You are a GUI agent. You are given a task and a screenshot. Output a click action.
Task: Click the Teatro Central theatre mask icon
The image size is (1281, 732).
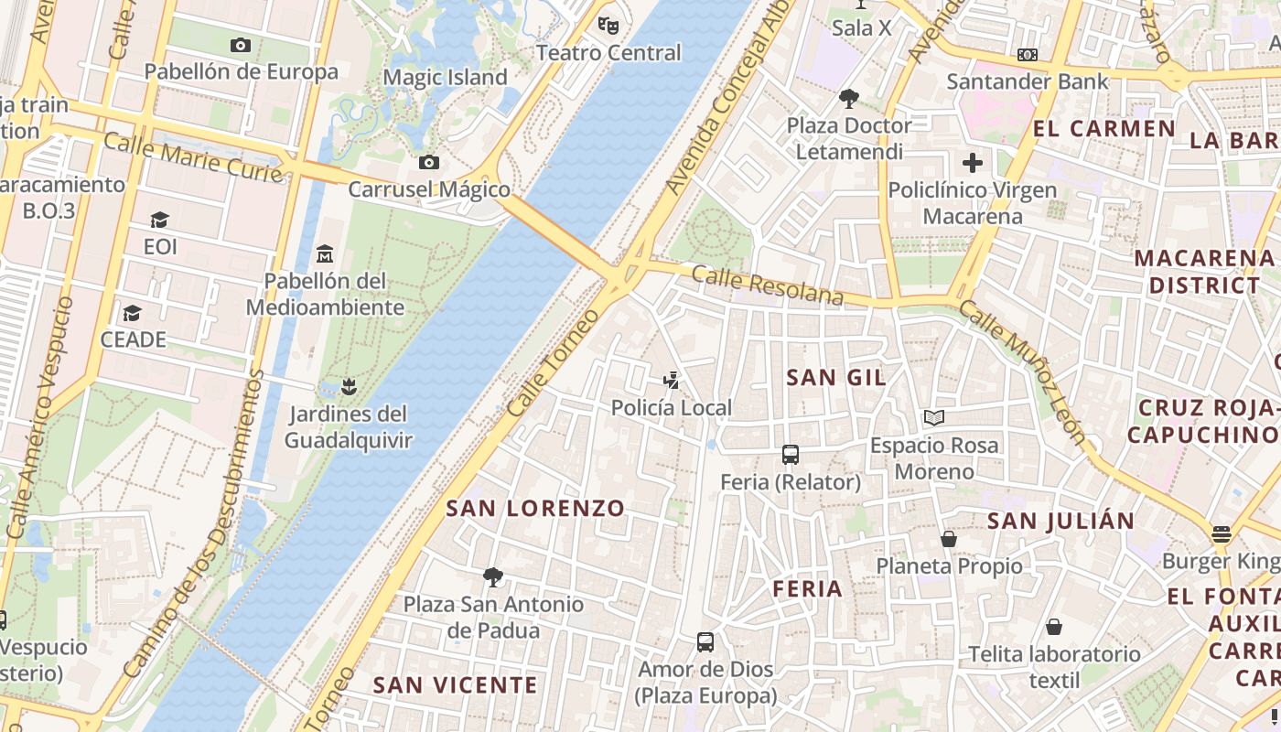coord(608,25)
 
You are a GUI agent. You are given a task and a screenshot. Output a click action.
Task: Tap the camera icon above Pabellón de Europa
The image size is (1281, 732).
coord(241,45)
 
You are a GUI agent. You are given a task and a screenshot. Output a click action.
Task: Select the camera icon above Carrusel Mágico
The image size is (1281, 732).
coord(428,163)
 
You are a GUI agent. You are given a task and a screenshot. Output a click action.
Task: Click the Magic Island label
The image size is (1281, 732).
coord(445,78)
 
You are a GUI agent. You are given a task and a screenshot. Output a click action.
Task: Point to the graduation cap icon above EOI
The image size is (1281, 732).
coord(160,220)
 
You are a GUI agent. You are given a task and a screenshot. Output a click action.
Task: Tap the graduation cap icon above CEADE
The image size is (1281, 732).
coord(133,313)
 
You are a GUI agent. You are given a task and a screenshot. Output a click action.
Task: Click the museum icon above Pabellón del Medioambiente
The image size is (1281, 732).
coord(324,253)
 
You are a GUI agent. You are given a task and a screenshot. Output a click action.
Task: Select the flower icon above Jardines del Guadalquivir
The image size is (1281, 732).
coord(348,386)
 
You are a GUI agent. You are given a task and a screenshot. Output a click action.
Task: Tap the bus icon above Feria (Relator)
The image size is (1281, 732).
coord(791,454)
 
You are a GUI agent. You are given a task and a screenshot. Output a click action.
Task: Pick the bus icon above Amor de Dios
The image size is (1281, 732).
coord(705,641)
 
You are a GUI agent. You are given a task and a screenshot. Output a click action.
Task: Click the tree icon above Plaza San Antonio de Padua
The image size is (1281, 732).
coord(493,576)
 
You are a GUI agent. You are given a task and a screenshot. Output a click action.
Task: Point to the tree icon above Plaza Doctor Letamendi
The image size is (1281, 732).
coord(849,98)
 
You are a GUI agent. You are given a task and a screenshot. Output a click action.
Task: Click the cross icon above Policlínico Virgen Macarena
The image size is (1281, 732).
coord(972,164)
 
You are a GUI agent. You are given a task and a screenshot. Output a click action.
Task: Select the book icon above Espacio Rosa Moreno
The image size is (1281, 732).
coord(933,418)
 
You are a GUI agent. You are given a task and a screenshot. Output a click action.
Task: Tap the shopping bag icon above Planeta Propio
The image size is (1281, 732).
coord(949,539)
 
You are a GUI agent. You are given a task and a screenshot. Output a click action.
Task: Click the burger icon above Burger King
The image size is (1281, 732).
coord(1222,533)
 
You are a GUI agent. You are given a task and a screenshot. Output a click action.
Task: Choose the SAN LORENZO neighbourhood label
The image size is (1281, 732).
coord(535,509)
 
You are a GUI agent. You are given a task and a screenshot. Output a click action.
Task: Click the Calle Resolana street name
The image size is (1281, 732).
coord(767,285)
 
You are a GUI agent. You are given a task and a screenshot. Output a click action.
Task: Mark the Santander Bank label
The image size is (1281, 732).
coord(1027,81)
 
